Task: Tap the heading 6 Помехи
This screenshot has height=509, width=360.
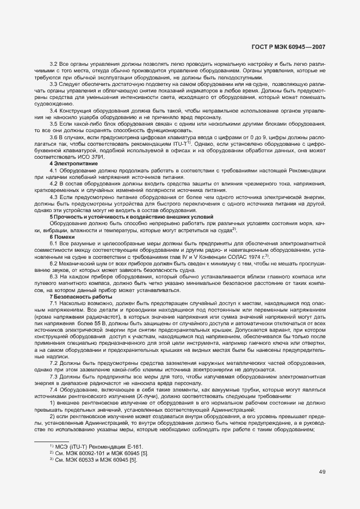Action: [59, 237]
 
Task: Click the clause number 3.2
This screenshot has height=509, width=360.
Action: [54, 65]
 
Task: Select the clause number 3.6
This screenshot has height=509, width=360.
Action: [54, 138]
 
